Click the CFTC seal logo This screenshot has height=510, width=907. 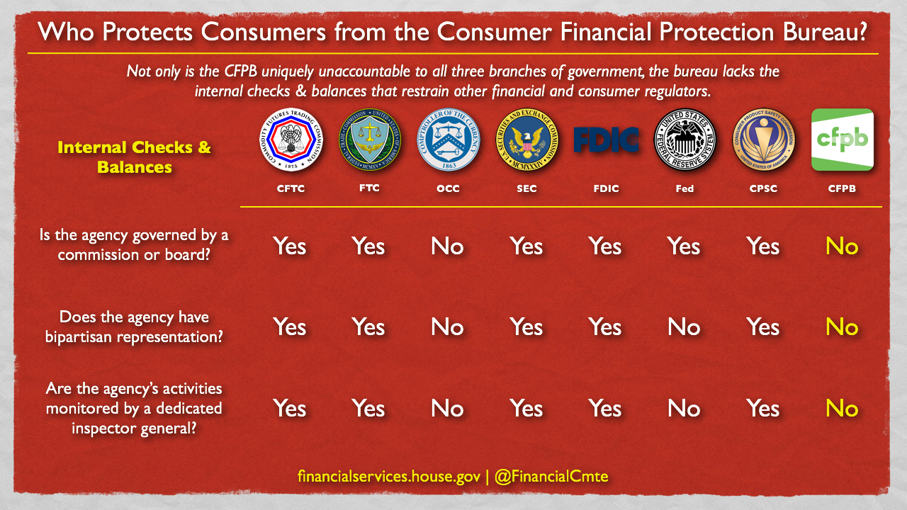[291, 140]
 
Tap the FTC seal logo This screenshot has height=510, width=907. [370, 140]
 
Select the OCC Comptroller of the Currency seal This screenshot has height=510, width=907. [449, 140]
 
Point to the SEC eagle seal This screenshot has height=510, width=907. [526, 140]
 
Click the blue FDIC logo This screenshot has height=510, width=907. [606, 140]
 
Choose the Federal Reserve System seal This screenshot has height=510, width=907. [685, 140]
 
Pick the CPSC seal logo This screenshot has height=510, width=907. [763, 140]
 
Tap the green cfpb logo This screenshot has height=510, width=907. [843, 140]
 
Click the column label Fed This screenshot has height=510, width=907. [685, 188]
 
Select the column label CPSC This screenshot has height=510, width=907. [763, 188]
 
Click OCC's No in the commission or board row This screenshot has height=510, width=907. [447, 246]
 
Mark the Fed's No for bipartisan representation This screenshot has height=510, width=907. [684, 327]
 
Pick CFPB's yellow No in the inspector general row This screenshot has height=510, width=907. [842, 409]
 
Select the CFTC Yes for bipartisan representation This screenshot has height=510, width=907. [290, 327]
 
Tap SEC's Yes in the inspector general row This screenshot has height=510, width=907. [526, 409]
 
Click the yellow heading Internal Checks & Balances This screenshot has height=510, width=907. [135, 157]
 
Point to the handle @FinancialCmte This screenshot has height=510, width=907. [551, 477]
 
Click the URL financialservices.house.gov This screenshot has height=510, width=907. [389, 477]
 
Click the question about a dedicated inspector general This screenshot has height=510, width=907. [134, 409]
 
